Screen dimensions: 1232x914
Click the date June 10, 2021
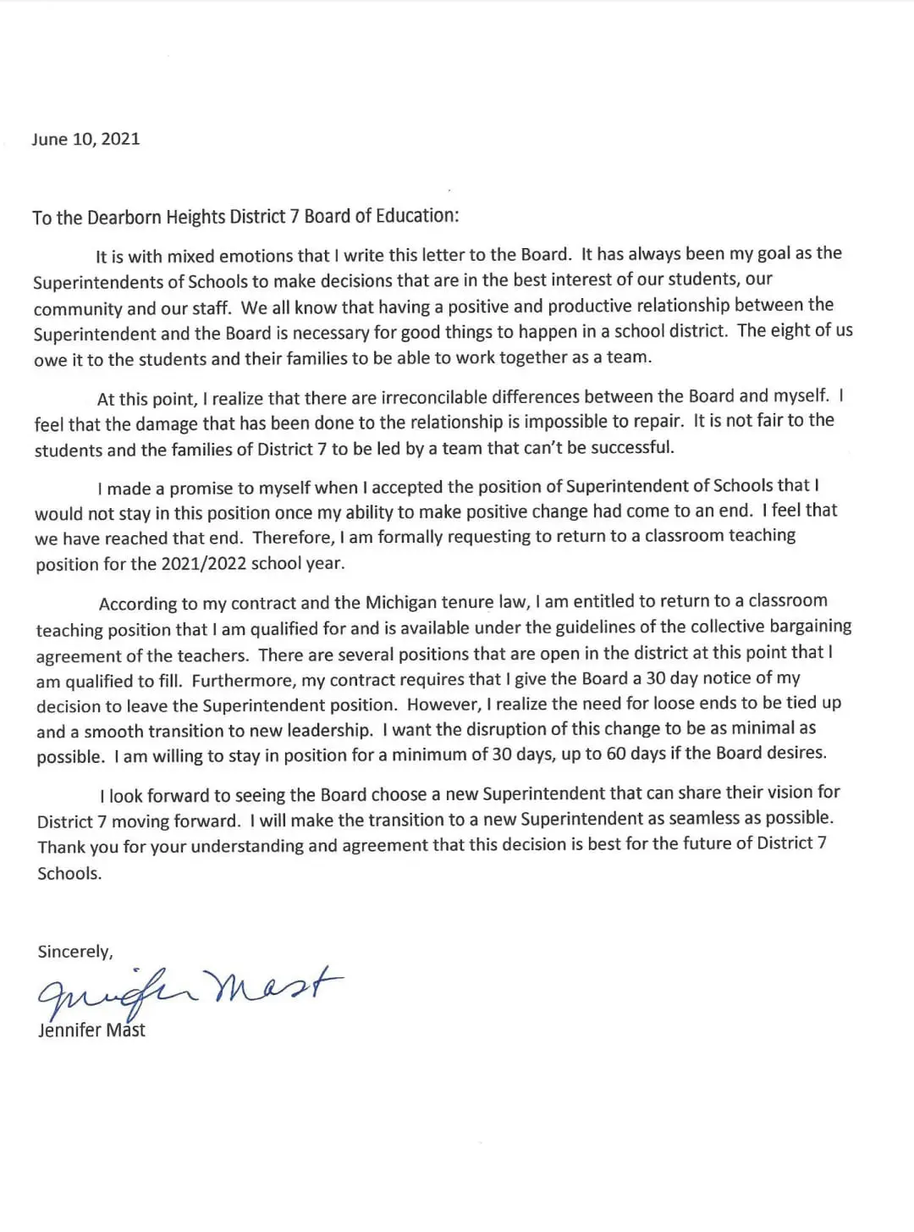85,140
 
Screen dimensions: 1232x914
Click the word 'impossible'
564,422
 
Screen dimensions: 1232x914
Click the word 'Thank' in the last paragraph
61,847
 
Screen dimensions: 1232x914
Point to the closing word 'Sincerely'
74,952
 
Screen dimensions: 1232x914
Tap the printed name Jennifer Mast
91,1030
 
